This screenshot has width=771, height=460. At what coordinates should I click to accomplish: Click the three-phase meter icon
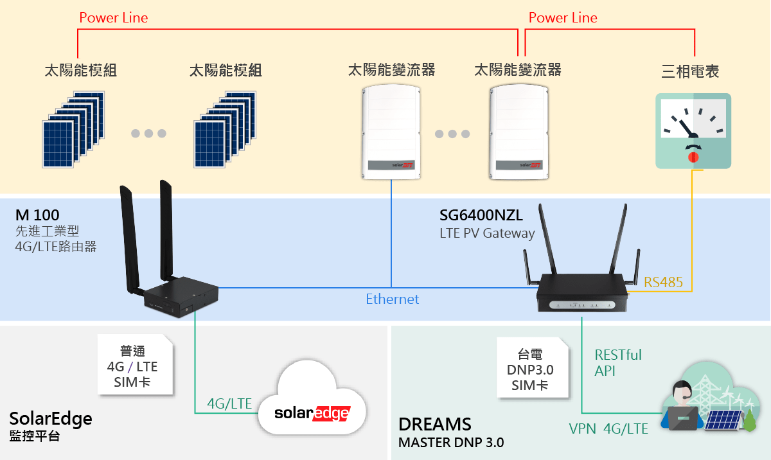[693, 131]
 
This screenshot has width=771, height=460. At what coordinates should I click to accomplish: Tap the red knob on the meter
[693, 157]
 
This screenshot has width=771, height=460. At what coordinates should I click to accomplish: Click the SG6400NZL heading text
[481, 215]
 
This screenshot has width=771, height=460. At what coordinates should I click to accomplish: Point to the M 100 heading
[37, 215]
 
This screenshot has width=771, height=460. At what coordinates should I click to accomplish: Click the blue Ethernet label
[392, 299]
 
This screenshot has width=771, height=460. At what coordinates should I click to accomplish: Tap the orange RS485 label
[663, 283]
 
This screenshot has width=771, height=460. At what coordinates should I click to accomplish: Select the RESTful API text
[618, 362]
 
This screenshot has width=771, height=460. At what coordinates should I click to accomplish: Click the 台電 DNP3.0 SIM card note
[532, 367]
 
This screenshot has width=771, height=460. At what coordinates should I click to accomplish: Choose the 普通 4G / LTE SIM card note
[135, 364]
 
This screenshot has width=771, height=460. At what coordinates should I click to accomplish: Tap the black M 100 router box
[181, 297]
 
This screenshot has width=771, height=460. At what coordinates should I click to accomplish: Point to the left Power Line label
[114, 18]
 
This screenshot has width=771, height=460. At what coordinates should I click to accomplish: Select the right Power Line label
[563, 18]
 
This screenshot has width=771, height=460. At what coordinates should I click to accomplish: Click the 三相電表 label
[690, 71]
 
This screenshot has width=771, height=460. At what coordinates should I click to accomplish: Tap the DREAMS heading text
[435, 424]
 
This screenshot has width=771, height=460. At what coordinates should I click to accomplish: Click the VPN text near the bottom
[582, 429]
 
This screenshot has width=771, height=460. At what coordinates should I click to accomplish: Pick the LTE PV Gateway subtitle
[487, 233]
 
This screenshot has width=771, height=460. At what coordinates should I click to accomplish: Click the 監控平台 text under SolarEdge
[35, 436]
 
